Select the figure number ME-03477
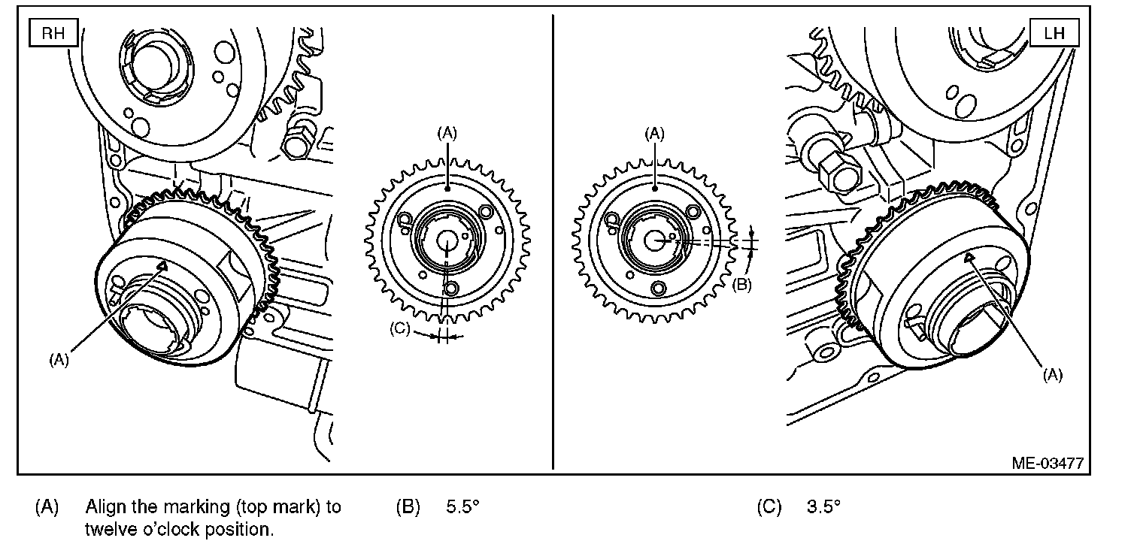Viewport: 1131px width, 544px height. click(1048, 463)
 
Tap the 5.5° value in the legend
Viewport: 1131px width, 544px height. click(462, 506)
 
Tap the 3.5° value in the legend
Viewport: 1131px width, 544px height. click(823, 506)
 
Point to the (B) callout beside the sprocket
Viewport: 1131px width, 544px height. click(741, 284)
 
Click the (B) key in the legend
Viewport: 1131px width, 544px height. click(407, 506)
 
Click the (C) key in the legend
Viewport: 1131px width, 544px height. click(769, 506)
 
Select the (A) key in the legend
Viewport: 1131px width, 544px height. click(47, 506)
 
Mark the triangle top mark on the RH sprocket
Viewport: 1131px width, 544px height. click(161, 265)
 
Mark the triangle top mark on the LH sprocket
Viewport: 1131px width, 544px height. click(970, 258)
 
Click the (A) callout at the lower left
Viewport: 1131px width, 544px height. click(59, 360)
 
